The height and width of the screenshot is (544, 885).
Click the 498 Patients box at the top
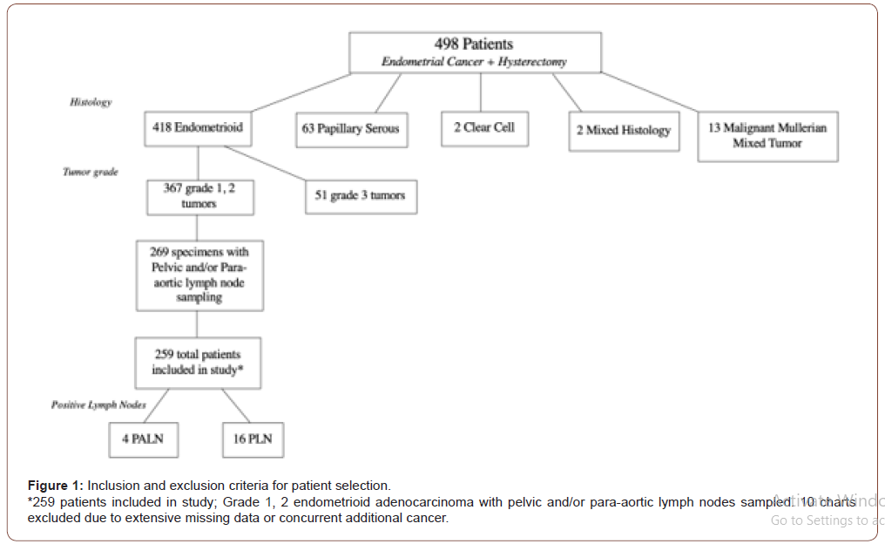tap(475, 52)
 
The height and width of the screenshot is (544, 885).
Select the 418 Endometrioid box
tap(199, 127)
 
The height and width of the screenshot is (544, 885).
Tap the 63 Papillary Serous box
tap(351, 128)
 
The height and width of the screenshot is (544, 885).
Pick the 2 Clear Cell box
tap(483, 127)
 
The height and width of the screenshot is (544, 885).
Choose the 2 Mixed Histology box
tap(624, 131)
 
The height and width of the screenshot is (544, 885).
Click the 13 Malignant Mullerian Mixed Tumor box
tap(767, 135)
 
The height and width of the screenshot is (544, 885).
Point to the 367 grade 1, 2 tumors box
tap(199, 195)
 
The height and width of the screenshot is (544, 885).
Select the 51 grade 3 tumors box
tap(360, 195)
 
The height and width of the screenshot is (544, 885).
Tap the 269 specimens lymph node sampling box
tap(199, 275)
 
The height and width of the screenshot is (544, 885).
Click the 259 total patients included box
tap(198, 362)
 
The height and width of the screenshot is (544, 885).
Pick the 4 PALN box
tap(144, 439)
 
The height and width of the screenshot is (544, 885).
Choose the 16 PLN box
tap(253, 439)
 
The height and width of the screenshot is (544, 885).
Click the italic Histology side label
tap(91, 102)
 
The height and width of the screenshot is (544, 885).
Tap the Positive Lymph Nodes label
tap(98, 405)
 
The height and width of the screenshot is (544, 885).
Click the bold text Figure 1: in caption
tap(56, 486)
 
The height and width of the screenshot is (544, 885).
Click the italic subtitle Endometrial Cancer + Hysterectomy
tap(475, 62)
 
